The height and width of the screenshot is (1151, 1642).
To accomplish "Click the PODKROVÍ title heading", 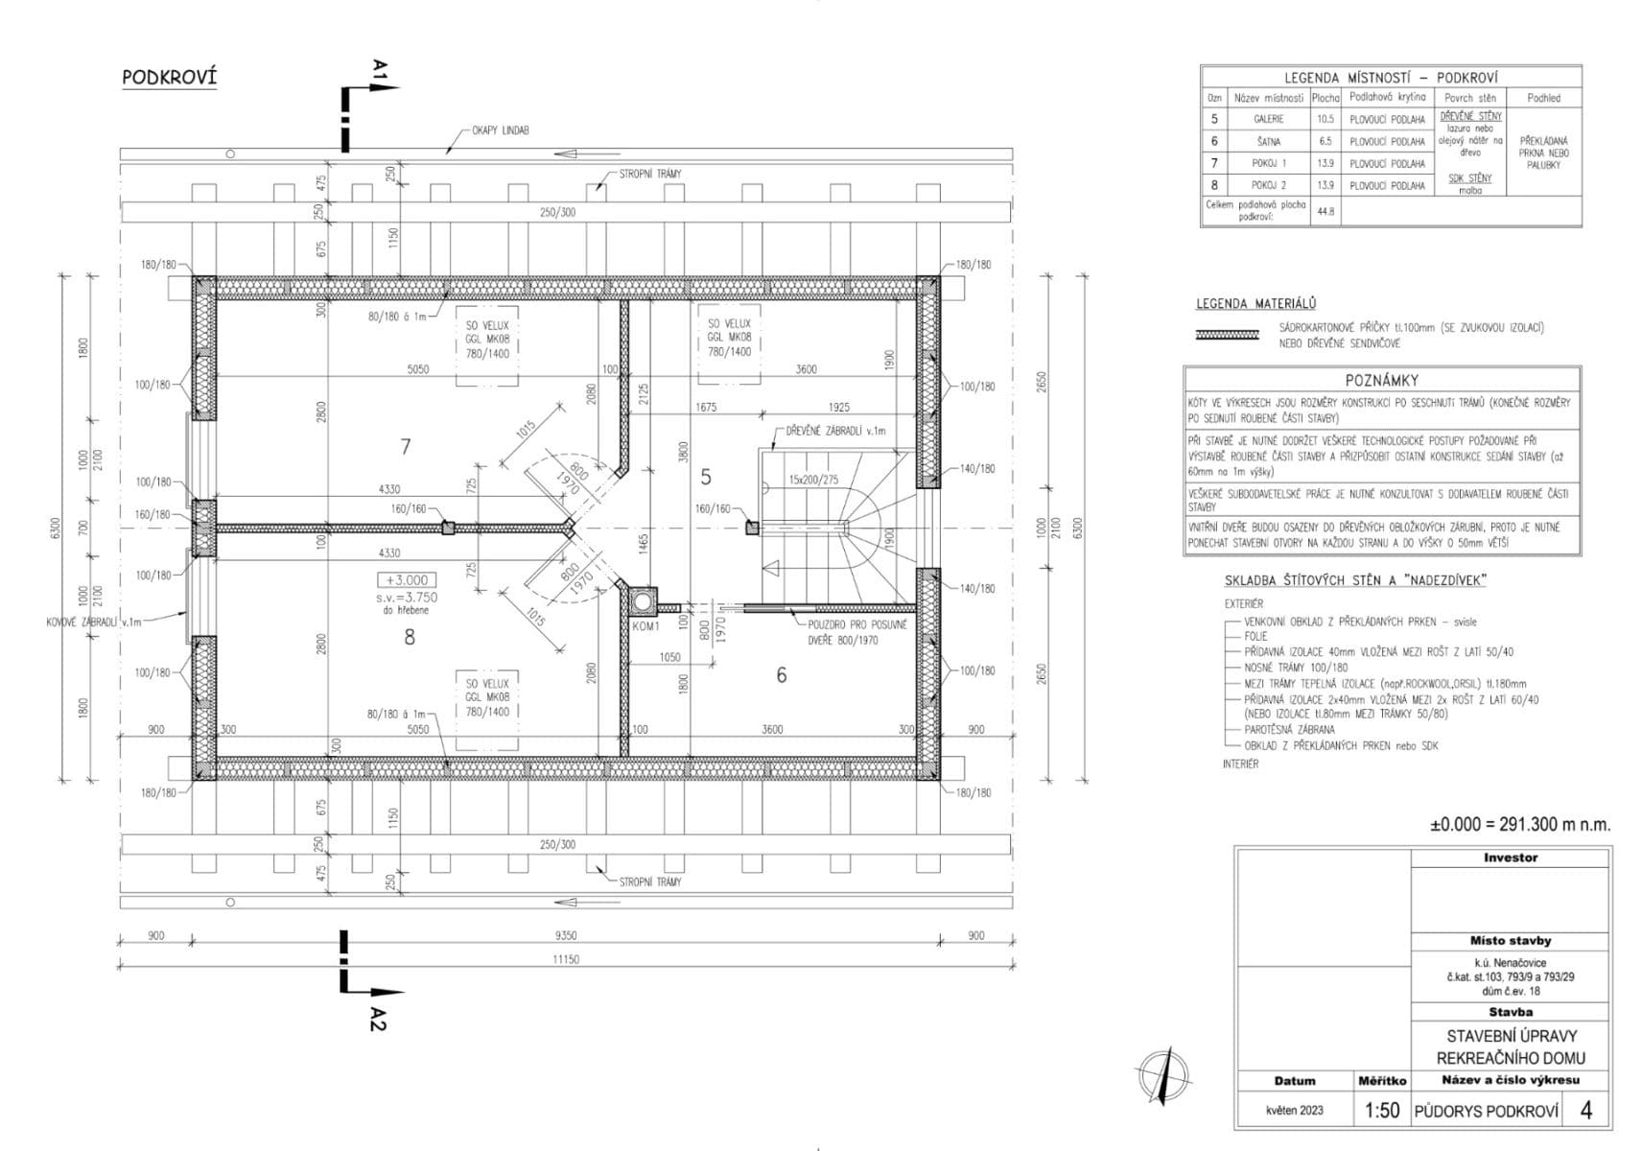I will (x=170, y=78).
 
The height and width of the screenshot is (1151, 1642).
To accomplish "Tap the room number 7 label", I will (x=406, y=446).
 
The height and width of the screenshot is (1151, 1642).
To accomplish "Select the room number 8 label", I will (x=410, y=637).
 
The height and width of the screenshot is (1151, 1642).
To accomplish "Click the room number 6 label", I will (x=782, y=675).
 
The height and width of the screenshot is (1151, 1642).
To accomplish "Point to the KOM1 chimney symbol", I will (x=641, y=601).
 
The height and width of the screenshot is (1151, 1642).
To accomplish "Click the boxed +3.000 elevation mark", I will (x=408, y=580).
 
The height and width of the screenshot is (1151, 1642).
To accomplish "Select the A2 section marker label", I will (x=378, y=1019).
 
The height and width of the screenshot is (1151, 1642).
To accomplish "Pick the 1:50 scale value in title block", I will (x=1381, y=1111).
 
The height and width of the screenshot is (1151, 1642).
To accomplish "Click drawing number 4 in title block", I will (x=1585, y=1110).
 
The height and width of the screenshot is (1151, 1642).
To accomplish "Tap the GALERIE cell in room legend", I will (x=1268, y=119).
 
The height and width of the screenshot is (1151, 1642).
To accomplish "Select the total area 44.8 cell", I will (x=1325, y=211).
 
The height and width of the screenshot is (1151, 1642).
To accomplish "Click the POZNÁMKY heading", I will (x=1381, y=380).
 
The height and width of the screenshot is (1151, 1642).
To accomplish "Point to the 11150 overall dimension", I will (x=566, y=959).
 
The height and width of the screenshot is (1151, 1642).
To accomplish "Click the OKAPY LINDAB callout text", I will (x=500, y=130).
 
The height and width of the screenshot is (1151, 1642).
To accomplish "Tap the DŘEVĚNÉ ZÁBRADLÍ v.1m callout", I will (x=835, y=431).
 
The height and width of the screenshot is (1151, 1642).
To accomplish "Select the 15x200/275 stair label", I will (x=813, y=479).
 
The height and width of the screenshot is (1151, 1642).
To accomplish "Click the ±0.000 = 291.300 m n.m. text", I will (x=1519, y=824).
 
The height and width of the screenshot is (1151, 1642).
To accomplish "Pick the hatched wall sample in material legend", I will (x=1227, y=335).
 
